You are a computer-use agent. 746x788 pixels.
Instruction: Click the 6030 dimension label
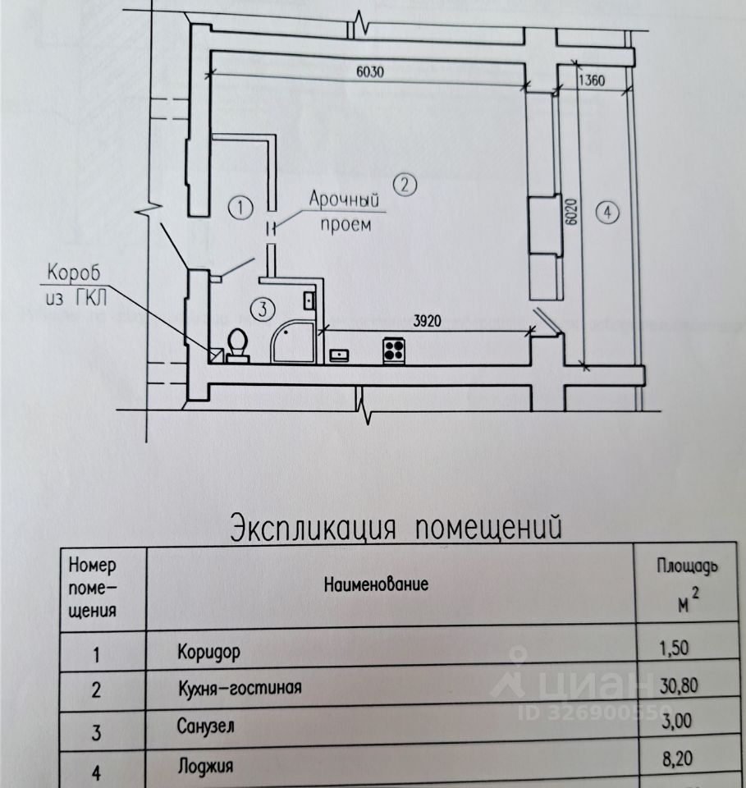[x=370, y=71]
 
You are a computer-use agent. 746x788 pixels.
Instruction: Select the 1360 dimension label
[x=591, y=80]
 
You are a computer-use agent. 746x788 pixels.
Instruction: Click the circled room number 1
[x=238, y=208]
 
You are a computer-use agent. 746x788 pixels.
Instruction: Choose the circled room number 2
[x=404, y=185]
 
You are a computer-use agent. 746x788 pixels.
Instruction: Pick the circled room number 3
[x=261, y=309]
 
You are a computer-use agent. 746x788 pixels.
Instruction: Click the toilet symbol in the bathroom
[x=238, y=345]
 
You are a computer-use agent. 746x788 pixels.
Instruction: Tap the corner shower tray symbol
[x=291, y=341]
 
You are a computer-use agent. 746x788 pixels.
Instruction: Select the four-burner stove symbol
[x=394, y=350]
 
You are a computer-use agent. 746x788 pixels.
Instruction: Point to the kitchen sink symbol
[x=339, y=355]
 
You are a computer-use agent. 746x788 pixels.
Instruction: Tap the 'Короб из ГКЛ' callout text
[x=76, y=283]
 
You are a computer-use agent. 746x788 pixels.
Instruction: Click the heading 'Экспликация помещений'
[x=396, y=525]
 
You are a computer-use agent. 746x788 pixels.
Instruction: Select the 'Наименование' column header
[x=377, y=585]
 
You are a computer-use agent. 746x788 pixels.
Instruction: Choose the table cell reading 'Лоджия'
[x=205, y=767]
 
